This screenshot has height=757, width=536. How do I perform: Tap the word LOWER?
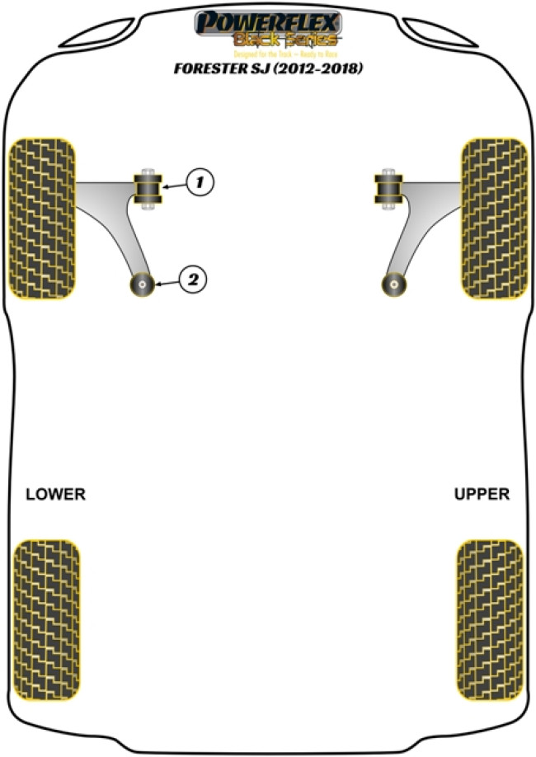[55, 495]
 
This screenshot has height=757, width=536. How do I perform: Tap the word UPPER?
[482, 495]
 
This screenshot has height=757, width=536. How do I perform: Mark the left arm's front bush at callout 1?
[149, 190]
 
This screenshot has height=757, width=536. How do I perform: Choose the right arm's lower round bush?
[395, 285]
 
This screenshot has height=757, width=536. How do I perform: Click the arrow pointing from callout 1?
[175, 186]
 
